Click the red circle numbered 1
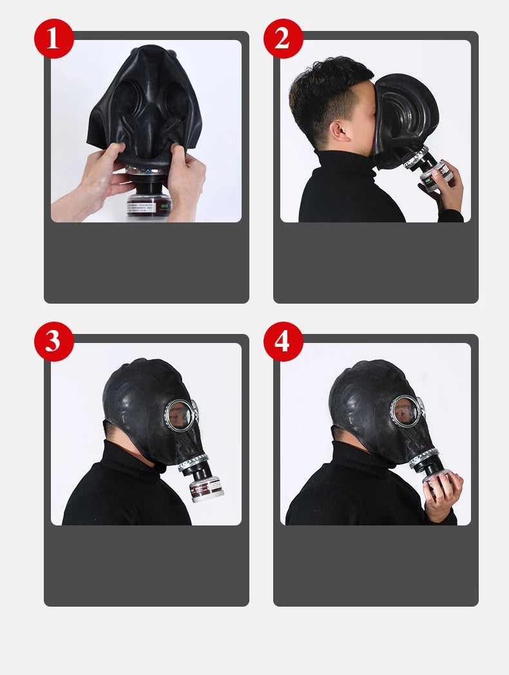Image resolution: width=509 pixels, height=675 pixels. coord(53,39)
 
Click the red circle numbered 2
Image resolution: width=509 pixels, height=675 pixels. coord(283,39)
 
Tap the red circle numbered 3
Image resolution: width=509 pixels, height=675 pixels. coord(53,342)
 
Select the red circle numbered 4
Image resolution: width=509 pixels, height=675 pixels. coord(283,342)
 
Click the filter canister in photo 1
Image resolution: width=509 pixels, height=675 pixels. coord(148,197)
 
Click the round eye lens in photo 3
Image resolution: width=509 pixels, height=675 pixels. coord(178,414)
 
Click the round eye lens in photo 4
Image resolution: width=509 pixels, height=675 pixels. coord(405,411)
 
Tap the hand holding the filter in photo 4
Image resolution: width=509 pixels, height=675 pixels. coord(445,493)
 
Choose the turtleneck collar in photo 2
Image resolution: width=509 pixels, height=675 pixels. coord(341,164)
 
